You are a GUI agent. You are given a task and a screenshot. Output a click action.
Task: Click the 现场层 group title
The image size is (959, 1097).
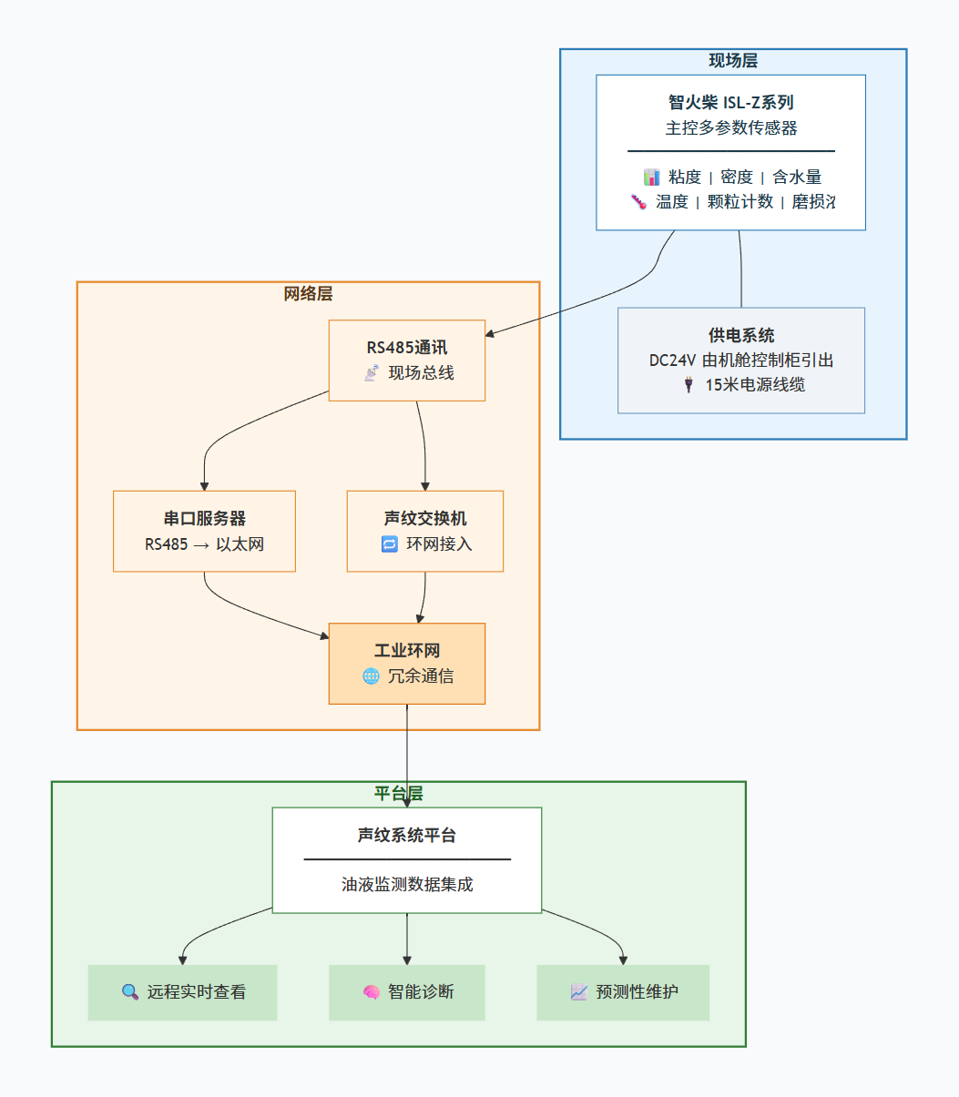733,61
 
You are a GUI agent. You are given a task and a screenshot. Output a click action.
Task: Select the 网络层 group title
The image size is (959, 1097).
308,294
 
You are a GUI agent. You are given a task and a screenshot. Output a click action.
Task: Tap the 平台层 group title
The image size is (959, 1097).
398,794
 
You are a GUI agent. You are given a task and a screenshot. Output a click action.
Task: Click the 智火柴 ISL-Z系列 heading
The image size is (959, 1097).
730,103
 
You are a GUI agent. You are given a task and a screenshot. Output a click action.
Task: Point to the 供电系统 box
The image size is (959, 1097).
740,361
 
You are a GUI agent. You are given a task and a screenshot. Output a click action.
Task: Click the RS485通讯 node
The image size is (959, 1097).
406,361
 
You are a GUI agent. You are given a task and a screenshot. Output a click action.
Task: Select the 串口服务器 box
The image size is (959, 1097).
204,532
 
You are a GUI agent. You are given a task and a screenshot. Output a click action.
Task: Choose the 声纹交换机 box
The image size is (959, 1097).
424,532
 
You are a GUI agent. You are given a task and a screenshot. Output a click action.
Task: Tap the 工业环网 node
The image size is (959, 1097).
406,664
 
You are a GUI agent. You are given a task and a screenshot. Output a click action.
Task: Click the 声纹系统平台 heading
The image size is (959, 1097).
406,836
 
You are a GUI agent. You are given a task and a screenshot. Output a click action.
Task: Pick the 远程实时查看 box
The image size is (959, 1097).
182,992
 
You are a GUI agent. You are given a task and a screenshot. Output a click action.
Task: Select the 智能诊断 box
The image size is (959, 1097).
406,992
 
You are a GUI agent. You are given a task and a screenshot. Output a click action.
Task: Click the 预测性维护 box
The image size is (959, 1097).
623,992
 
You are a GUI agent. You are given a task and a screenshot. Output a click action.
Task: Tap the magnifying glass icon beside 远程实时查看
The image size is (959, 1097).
130,992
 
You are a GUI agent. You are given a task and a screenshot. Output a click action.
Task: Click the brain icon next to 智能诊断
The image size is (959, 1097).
371,992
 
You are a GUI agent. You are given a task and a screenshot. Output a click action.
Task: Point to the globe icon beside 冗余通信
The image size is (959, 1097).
371,676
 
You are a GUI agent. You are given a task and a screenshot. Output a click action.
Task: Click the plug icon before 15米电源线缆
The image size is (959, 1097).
689,385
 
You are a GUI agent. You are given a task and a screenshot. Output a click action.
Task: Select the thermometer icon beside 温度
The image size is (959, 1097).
638,202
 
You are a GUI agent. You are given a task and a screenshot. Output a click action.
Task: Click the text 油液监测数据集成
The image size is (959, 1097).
406,885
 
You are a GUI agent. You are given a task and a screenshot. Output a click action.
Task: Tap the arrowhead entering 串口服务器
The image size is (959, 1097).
204,485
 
